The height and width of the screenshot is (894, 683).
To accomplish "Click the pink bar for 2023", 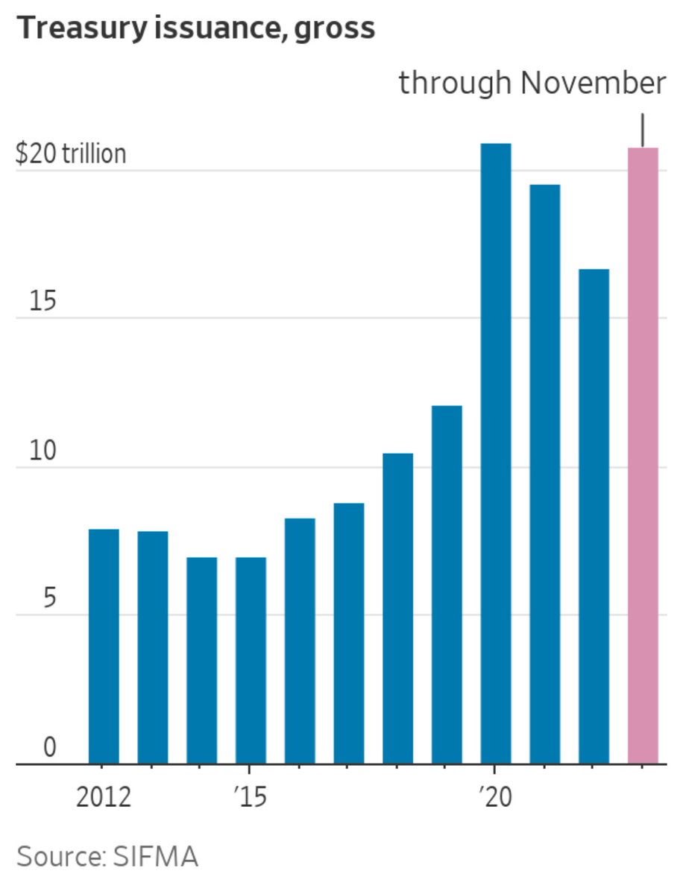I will [x=643, y=454].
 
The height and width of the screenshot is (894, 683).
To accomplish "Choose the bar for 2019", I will [x=447, y=584].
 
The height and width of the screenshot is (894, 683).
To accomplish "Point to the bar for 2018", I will [x=397, y=608].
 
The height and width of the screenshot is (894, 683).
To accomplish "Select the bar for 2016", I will [x=300, y=641].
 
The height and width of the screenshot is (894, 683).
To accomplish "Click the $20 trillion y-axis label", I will [x=71, y=154].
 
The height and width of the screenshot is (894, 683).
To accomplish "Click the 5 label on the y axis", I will [x=49, y=599].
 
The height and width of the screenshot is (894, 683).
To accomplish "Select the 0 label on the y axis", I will [x=49, y=747].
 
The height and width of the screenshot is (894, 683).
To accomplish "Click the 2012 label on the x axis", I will [x=104, y=797].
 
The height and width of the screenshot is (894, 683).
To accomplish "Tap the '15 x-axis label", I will [x=250, y=797].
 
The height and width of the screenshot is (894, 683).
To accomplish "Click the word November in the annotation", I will [x=593, y=83].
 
